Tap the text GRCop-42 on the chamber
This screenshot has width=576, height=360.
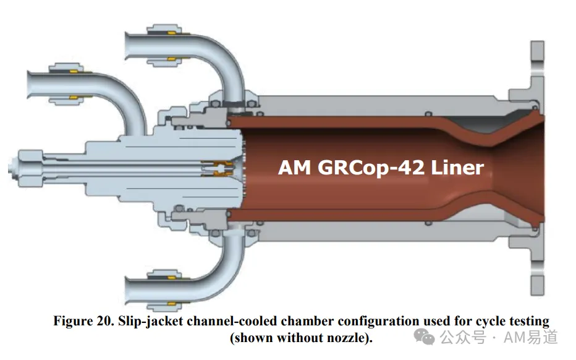pyautogui.click(x=371, y=168)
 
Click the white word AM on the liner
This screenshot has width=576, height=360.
pyautogui.click(x=295, y=168)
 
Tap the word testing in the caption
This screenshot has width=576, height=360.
pyautogui.click(x=529, y=322)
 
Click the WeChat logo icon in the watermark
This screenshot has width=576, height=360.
pyautogui.click(x=425, y=336)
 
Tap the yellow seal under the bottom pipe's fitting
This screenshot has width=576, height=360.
pyautogui.click(x=171, y=304)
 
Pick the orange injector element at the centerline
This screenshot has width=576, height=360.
pyautogui.click(x=218, y=168)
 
